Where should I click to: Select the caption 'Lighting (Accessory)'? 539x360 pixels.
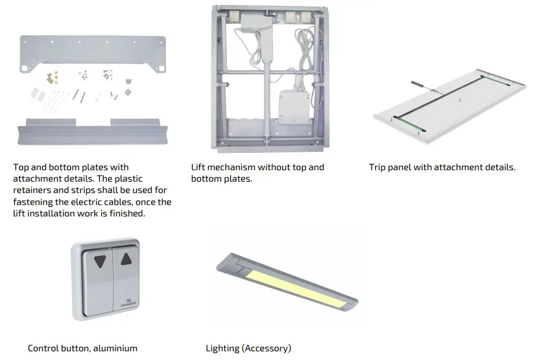click(x=248, y=348)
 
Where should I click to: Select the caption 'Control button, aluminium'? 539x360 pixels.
click(x=82, y=348)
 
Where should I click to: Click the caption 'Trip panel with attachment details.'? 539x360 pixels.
click(x=442, y=167)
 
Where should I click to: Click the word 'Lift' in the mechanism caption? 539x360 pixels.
click(x=199, y=167)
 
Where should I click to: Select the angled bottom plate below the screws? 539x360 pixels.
click(x=92, y=131)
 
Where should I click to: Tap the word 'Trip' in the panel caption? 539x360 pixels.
click(x=377, y=167)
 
